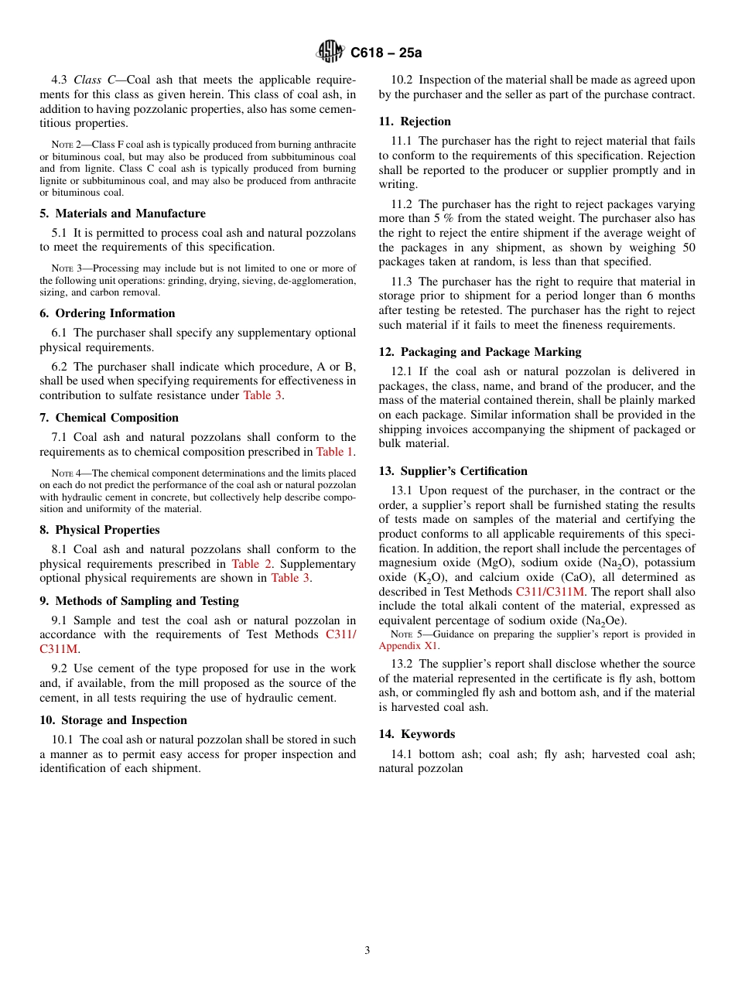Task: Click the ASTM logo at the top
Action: point(331,53)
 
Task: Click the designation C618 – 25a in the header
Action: point(386,53)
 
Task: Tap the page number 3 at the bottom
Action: point(367,951)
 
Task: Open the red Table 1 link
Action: point(334,452)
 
